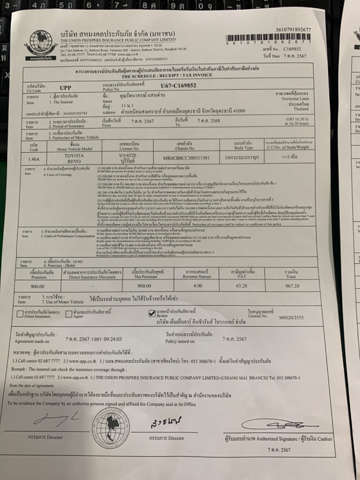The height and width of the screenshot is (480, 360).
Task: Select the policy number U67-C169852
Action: click(x=178, y=86)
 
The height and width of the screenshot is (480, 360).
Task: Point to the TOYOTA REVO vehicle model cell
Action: click(x=74, y=158)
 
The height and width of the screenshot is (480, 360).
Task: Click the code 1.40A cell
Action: click(x=34, y=159)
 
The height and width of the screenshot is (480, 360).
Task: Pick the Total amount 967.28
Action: click(x=292, y=286)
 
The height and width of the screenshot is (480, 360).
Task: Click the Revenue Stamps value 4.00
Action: click(x=197, y=286)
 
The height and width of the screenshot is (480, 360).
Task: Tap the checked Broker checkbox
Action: click(x=152, y=313)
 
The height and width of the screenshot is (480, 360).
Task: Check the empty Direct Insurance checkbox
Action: click(x=20, y=314)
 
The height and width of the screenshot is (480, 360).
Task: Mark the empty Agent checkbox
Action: click(x=69, y=314)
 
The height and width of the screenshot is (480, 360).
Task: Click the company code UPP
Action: click(x=65, y=88)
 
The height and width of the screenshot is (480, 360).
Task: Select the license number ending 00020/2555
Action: click(x=291, y=318)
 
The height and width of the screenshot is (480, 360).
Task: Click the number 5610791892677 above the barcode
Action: click(x=293, y=30)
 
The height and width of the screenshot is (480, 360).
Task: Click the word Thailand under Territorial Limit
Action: click(x=301, y=109)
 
